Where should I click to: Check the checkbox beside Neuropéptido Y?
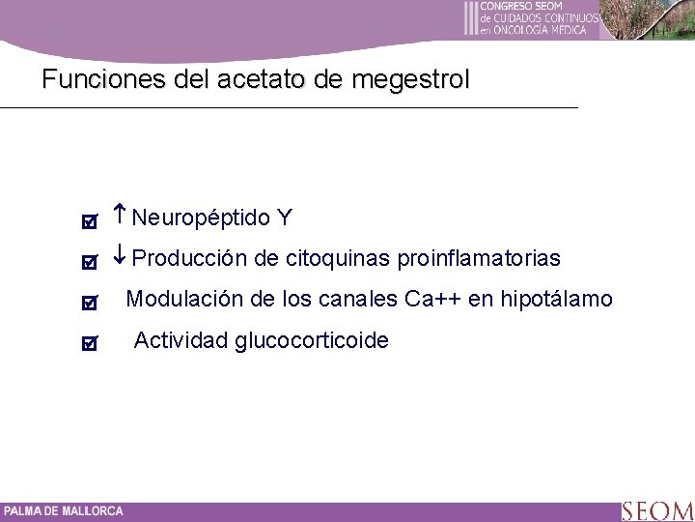[x=89, y=221]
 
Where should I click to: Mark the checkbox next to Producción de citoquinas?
[x=89, y=262]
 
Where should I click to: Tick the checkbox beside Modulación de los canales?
[x=89, y=303]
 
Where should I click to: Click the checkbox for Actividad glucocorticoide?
[x=89, y=343]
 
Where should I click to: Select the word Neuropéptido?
[x=200, y=218]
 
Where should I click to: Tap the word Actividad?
[x=181, y=340]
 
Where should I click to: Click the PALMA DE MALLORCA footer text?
[x=63, y=511]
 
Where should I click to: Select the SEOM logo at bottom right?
[x=656, y=510]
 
